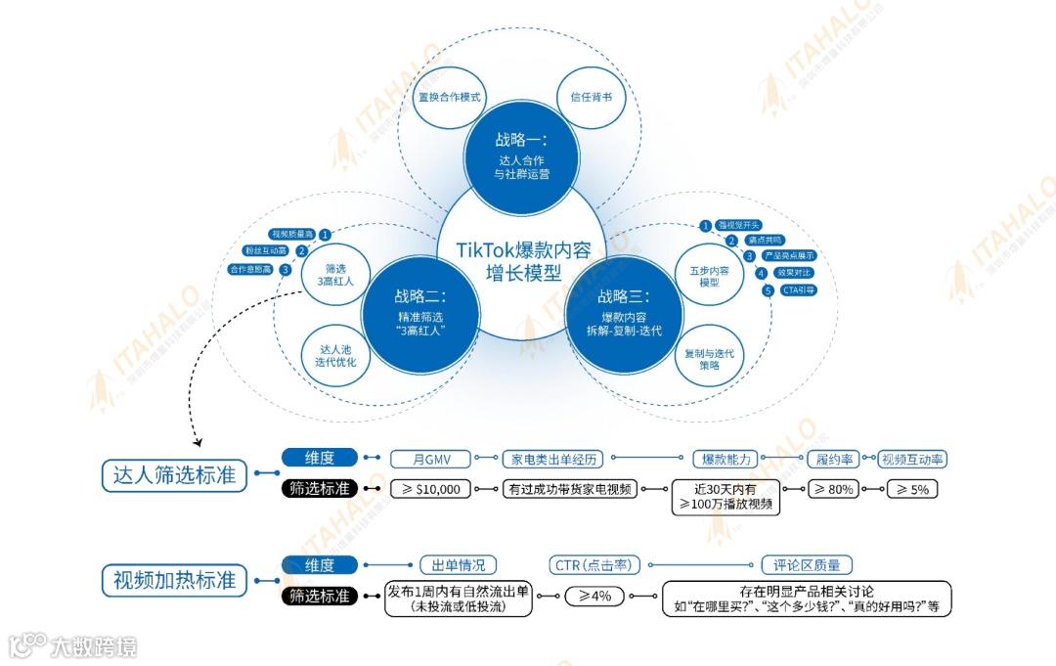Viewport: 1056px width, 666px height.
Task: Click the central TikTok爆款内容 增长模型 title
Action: [x=523, y=261]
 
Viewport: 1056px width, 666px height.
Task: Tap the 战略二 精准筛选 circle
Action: [x=420, y=312]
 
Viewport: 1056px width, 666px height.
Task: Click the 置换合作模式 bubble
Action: [x=451, y=98]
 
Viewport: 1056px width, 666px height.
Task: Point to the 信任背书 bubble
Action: [x=592, y=98]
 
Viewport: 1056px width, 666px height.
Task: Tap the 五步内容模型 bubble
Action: [x=710, y=275]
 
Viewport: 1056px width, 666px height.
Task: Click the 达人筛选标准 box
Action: [x=174, y=475]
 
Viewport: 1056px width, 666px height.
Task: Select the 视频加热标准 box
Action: [x=174, y=579]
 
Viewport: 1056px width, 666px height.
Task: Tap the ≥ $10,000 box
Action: [x=430, y=489]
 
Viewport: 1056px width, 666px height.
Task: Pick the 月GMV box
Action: [x=430, y=459]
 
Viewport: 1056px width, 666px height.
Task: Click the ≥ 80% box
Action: [x=834, y=489]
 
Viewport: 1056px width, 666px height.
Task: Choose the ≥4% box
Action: [x=594, y=596]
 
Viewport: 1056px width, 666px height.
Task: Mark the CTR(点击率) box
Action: [x=595, y=565]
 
